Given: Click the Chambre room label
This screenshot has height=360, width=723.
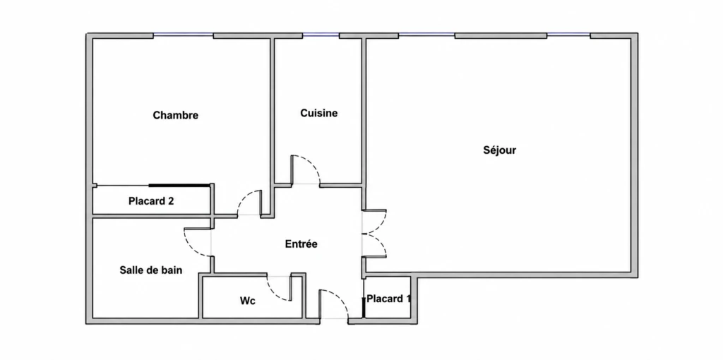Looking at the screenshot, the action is [176, 115].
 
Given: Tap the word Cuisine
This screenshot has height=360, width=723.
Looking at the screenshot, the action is [318, 113].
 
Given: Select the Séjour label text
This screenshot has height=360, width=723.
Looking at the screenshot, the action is [499, 150].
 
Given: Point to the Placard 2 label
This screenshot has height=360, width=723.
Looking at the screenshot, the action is [151, 201].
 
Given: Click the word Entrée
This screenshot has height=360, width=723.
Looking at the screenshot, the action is [301, 244].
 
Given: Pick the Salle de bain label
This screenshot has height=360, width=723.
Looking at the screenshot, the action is [151, 270].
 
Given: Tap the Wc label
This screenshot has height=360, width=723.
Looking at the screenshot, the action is [248, 301].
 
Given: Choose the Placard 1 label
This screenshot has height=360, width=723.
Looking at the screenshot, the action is [389, 299].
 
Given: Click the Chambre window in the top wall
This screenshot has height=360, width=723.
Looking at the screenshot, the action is [183, 35].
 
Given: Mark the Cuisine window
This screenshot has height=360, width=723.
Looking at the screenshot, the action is [321, 35].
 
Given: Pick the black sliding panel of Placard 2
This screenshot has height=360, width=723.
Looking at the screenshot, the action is [179, 186].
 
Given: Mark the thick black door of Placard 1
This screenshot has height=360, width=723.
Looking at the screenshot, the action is [364, 308].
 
